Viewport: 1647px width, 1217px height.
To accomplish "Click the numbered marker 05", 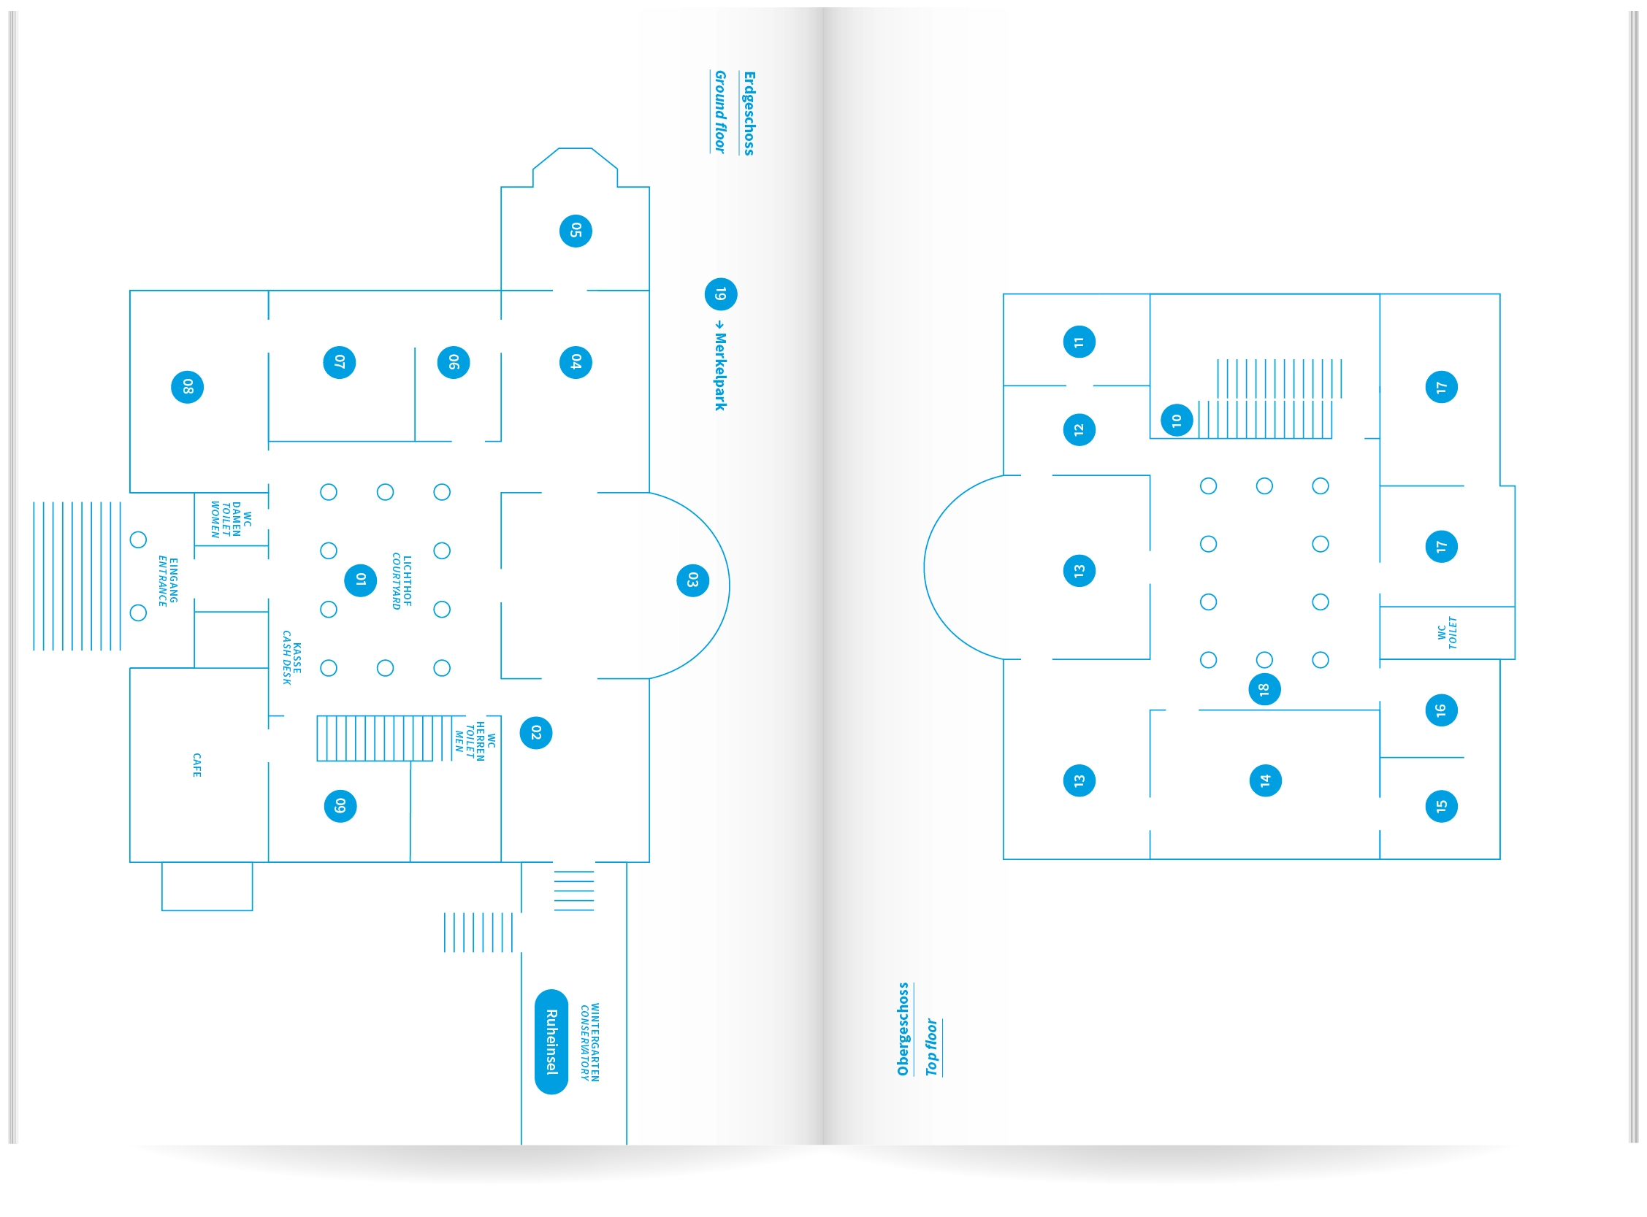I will coord(576,231).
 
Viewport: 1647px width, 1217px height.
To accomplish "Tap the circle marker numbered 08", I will coord(187,388).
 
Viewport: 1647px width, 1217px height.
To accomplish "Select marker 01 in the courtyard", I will coord(360,580).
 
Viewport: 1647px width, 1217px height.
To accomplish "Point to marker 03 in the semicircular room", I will coord(692,580).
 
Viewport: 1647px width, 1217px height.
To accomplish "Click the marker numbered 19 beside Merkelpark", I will coord(721,295).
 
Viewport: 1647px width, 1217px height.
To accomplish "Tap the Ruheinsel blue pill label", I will coord(551,1042).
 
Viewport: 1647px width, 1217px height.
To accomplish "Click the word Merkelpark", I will coord(720,372).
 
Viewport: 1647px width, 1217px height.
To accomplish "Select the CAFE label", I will coord(196,765).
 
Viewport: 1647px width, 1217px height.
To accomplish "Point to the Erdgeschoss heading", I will coord(749,113).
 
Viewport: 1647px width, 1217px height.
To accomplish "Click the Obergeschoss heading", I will coord(903,1029).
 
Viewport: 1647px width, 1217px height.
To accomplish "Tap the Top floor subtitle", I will coord(931,1047).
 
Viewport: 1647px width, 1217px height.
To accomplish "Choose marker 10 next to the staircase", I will coord(1177,421).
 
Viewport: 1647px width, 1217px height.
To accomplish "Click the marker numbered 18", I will coord(1264,689).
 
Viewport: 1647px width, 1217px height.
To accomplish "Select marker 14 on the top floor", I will coord(1265,781).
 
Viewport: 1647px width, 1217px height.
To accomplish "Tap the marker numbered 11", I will coord(1079,342).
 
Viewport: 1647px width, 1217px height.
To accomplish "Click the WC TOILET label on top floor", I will coord(1448,633).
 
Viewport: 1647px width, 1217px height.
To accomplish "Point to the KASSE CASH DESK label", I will coord(292,658).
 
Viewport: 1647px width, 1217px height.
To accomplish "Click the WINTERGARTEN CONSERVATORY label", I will coord(589,1042).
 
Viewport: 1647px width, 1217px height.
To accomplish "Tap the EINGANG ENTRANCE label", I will coord(168,581).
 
